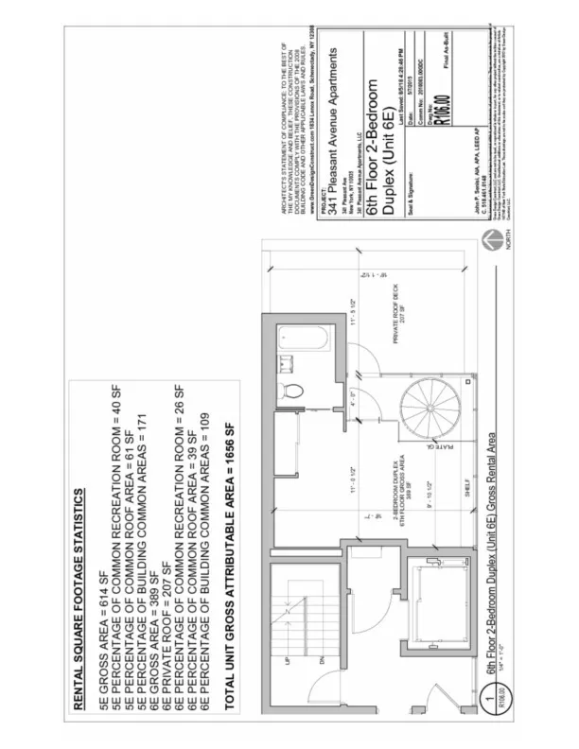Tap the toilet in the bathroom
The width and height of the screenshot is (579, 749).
(x=293, y=388)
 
